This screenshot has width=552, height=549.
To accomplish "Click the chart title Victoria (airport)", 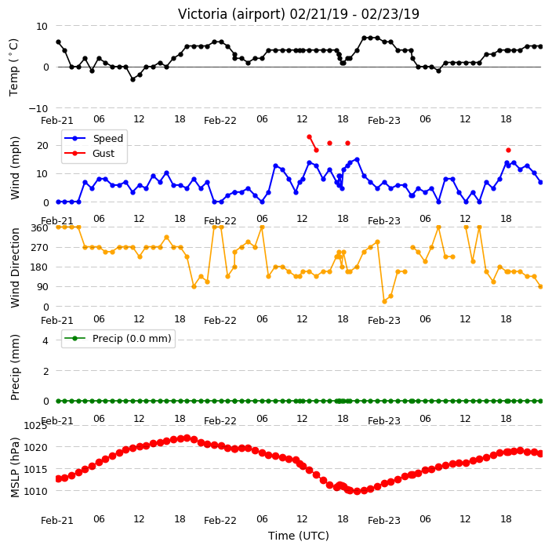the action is click(x=231, y=14).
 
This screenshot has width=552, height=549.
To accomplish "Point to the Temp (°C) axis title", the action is click(x=14, y=67).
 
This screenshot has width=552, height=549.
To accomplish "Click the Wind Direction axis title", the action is click(x=15, y=268).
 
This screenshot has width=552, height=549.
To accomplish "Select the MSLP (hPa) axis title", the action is click(x=15, y=467).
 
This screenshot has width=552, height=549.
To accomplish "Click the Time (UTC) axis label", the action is click(x=299, y=536).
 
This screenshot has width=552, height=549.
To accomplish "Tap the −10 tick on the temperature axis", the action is click(x=38, y=108).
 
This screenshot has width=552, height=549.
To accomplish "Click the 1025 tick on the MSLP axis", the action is click(x=35, y=426).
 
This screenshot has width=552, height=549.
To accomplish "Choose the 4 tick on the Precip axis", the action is click(x=45, y=340).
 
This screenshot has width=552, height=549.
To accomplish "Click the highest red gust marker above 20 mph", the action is click(x=309, y=137).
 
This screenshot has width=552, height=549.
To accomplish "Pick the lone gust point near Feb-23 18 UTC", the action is click(x=508, y=151).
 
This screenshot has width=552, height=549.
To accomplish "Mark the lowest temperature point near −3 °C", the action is click(x=133, y=79).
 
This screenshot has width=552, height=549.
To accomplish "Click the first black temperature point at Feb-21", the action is click(x=59, y=42).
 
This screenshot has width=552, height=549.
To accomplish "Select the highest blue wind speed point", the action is click(x=357, y=160).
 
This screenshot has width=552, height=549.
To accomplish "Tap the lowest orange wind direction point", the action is click(x=384, y=301).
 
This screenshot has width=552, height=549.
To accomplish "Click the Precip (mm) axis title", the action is click(x=15, y=367).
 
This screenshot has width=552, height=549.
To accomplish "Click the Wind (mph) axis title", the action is click(x=15, y=168).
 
